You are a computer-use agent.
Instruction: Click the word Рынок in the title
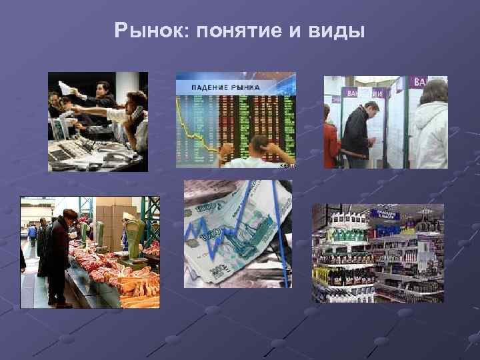point(141,31)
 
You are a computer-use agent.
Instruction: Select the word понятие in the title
point(235,31)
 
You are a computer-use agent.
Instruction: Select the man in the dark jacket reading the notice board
point(357,133)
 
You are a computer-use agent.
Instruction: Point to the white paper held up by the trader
point(65,87)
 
